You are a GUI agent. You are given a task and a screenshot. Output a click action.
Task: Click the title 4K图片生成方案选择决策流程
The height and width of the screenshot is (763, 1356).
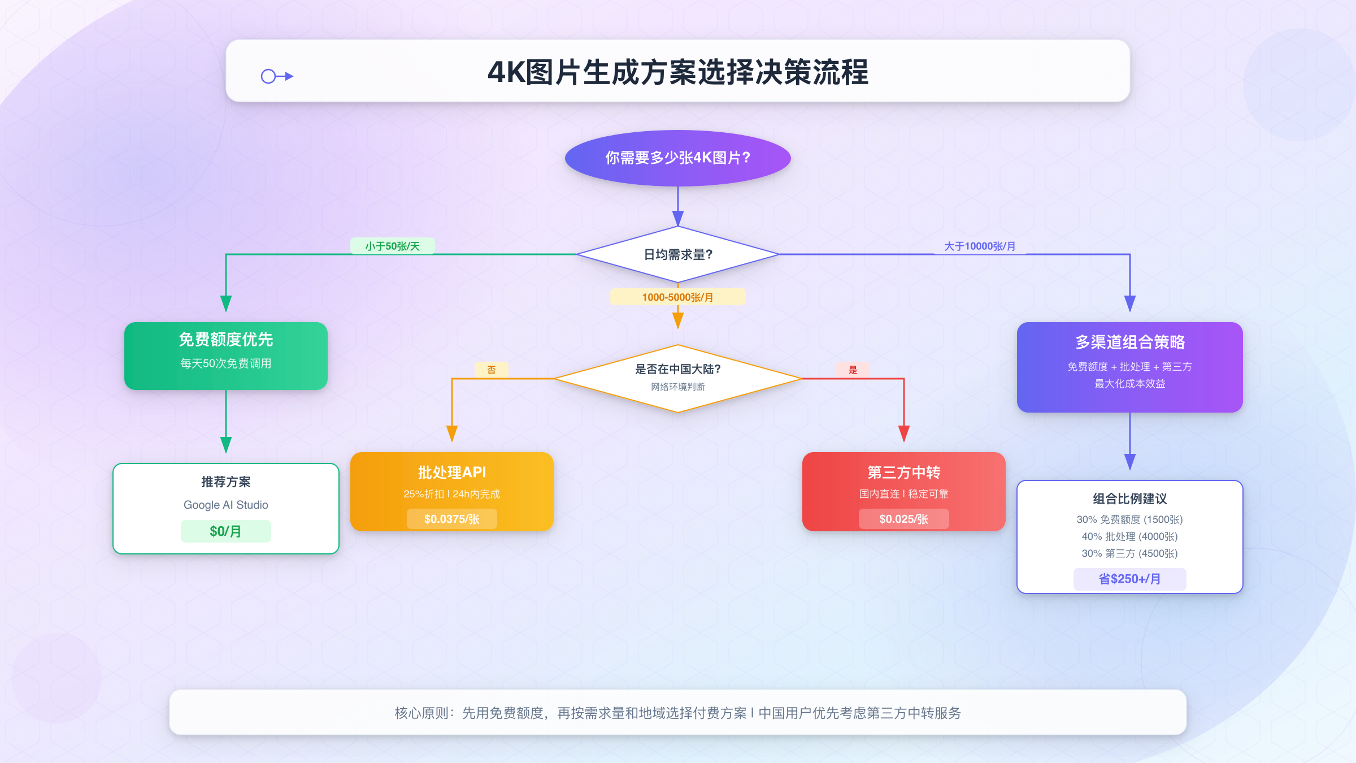pyautogui.click(x=677, y=72)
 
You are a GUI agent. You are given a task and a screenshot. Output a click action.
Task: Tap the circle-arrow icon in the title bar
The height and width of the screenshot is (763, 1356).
pyautogui.click(x=277, y=76)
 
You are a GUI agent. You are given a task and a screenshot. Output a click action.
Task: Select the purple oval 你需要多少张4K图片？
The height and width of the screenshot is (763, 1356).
pyautogui.click(x=677, y=158)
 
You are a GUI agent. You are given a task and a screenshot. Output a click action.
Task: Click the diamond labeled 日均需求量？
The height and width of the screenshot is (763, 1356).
pyautogui.click(x=677, y=255)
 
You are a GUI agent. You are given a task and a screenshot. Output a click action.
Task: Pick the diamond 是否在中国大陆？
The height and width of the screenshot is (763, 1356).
pyautogui.click(x=677, y=378)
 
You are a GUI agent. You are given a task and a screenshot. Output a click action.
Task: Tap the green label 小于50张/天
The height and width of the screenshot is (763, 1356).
pyautogui.click(x=392, y=246)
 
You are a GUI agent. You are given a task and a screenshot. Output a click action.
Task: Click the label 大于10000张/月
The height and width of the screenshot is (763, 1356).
pyautogui.click(x=980, y=246)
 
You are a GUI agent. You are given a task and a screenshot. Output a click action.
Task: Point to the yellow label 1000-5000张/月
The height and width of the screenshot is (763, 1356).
pyautogui.click(x=677, y=297)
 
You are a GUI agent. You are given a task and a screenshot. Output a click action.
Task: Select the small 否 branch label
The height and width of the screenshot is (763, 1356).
pyautogui.click(x=492, y=370)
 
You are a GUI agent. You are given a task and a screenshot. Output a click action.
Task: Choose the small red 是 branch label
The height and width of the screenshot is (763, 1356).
pyautogui.click(x=853, y=370)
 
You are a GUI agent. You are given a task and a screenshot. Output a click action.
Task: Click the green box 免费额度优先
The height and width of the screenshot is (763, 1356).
pyautogui.click(x=226, y=355)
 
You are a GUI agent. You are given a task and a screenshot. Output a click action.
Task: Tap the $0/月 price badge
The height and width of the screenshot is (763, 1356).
pyautogui.click(x=225, y=531)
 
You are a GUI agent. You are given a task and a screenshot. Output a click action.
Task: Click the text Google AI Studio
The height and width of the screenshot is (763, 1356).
pyautogui.click(x=225, y=505)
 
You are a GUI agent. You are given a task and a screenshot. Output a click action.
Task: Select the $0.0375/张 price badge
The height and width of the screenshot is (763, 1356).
pyautogui.click(x=451, y=519)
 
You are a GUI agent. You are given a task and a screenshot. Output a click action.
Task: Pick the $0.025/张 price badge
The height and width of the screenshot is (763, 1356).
pyautogui.click(x=903, y=519)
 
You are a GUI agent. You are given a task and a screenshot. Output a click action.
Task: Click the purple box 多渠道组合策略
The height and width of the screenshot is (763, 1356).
pyautogui.click(x=1129, y=366)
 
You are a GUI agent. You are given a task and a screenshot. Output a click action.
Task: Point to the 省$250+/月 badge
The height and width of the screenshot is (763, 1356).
pyautogui.click(x=1129, y=579)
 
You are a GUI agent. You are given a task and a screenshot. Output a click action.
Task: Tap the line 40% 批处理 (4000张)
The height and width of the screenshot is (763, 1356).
pyautogui.click(x=1129, y=536)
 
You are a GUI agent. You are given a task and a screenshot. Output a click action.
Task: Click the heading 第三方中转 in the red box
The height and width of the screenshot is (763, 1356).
pyautogui.click(x=903, y=472)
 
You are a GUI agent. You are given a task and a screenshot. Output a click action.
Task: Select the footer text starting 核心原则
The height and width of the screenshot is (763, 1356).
pyautogui.click(x=677, y=713)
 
